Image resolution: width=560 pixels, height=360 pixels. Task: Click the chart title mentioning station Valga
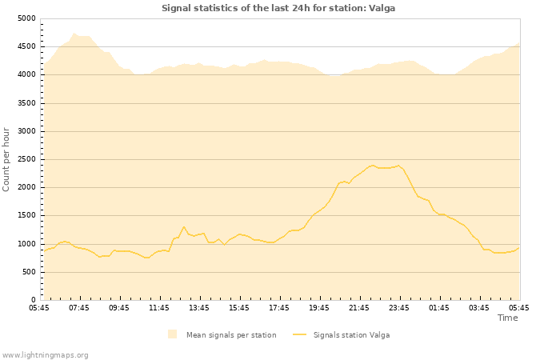[278, 8]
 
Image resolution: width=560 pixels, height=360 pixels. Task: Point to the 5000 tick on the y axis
[26, 18]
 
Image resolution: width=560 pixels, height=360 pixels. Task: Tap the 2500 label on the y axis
[26, 159]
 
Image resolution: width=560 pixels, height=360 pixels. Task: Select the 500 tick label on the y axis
[29, 272]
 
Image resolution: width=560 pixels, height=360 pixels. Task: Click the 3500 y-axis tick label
[26, 103]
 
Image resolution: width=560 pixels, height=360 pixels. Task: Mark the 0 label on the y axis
[33, 300]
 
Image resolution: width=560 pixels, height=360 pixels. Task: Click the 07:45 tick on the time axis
[79, 307]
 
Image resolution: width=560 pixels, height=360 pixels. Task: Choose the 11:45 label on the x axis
[159, 307]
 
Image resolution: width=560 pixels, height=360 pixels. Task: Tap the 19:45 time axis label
[319, 307]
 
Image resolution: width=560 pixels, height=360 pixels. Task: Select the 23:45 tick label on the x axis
[399, 307]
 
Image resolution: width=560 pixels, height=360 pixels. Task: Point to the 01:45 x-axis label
[439, 307]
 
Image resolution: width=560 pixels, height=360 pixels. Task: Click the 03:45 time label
[479, 307]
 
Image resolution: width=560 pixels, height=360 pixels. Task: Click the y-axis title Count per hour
[7, 159]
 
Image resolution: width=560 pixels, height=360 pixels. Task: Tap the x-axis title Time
[507, 318]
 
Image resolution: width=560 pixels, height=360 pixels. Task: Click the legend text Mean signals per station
[231, 334]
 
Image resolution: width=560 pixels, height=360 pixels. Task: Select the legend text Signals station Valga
[351, 334]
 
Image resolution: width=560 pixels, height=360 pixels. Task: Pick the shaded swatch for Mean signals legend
[172, 334]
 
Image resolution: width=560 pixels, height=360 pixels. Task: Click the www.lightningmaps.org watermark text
[46, 354]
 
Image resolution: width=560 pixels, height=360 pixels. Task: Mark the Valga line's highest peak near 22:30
[373, 166]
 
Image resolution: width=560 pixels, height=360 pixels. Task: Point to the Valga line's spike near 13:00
[184, 226]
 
